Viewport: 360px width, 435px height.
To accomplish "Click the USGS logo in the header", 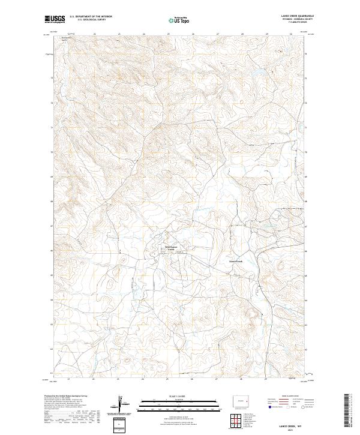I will click(54, 20).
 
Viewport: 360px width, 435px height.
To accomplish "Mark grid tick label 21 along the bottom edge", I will click(69, 379).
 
